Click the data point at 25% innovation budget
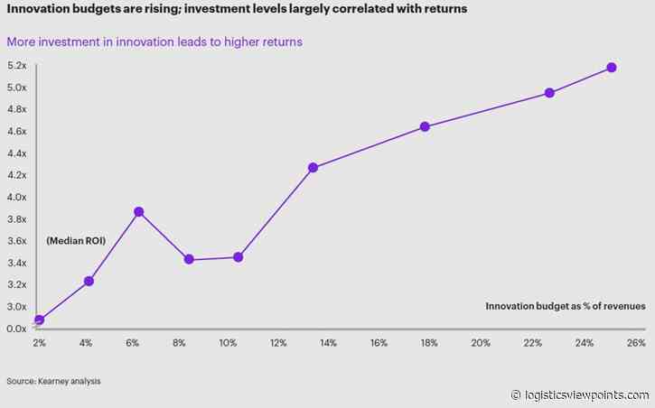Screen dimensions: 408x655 tap(611, 68)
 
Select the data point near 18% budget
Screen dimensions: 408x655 tap(425, 126)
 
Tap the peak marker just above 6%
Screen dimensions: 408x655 tap(139, 211)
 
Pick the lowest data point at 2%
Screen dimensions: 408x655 tap(39, 320)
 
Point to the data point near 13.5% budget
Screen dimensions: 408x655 tap(313, 167)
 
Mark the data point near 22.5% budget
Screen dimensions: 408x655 tap(549, 93)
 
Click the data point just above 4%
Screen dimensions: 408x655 tap(89, 281)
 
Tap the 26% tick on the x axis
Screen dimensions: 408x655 tap(635, 344)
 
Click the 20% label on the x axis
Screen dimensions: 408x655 tap(481, 344)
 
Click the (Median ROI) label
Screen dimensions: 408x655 tap(77, 241)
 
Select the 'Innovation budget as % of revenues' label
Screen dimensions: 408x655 tap(565, 307)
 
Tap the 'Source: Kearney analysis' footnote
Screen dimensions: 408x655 tap(53, 382)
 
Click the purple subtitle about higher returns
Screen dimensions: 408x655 tap(154, 42)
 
